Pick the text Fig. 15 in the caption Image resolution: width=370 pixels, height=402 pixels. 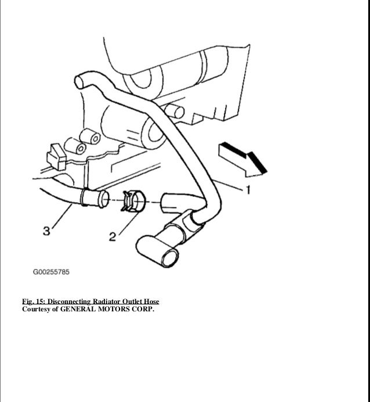33,301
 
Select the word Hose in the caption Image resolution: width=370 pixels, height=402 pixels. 151,301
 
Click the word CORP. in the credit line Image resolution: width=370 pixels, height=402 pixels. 144,308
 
